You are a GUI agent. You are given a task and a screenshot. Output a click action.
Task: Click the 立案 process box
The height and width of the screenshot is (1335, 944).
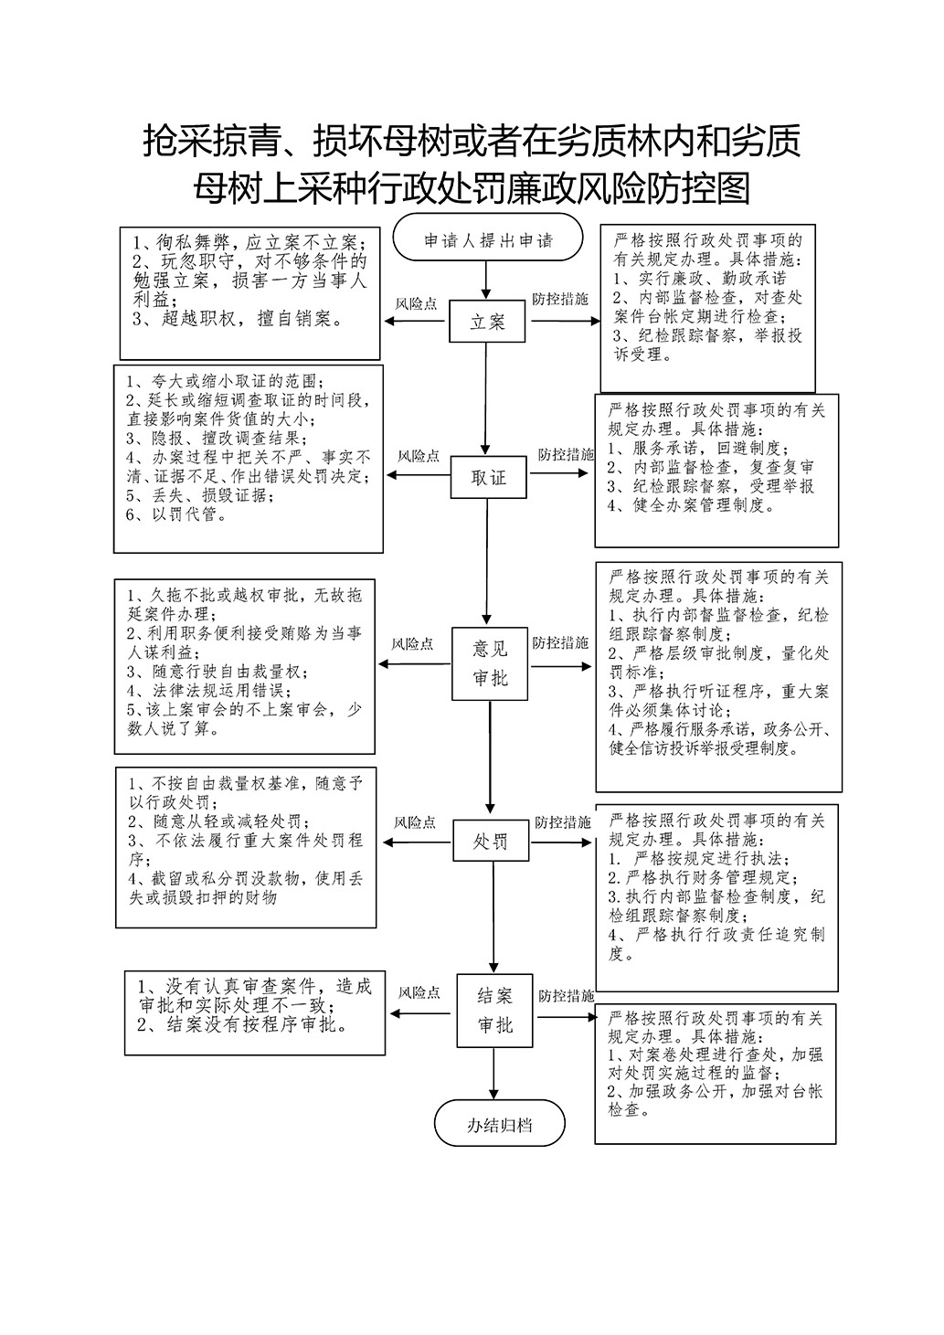click(487, 322)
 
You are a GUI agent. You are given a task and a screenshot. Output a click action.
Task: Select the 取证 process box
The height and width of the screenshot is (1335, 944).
click(489, 478)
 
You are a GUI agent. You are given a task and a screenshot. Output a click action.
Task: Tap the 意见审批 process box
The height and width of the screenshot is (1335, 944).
click(490, 663)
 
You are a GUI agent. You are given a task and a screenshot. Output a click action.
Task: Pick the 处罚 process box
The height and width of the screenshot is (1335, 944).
click(491, 841)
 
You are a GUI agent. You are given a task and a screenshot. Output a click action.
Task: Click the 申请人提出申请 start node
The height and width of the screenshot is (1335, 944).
click(488, 241)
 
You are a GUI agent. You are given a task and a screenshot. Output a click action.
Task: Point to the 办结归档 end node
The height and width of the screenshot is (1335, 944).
click(499, 1125)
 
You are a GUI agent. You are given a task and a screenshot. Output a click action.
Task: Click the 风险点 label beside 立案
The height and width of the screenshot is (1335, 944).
click(417, 302)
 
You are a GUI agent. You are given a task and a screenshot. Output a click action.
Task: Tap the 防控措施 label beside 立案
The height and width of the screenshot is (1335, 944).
click(560, 300)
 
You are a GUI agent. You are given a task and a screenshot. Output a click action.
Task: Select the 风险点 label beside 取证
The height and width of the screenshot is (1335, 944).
click(419, 456)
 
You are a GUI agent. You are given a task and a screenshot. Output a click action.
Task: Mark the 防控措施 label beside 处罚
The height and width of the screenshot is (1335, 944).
click(562, 821)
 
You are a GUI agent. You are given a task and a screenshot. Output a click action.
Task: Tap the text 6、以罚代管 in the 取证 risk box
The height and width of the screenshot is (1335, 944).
click(176, 515)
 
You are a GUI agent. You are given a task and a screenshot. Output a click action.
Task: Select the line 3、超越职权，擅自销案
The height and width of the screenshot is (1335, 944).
click(238, 319)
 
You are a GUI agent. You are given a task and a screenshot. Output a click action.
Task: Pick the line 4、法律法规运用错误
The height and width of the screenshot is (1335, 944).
click(209, 690)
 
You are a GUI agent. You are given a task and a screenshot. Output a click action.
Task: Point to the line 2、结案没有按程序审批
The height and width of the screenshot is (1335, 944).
click(244, 1025)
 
